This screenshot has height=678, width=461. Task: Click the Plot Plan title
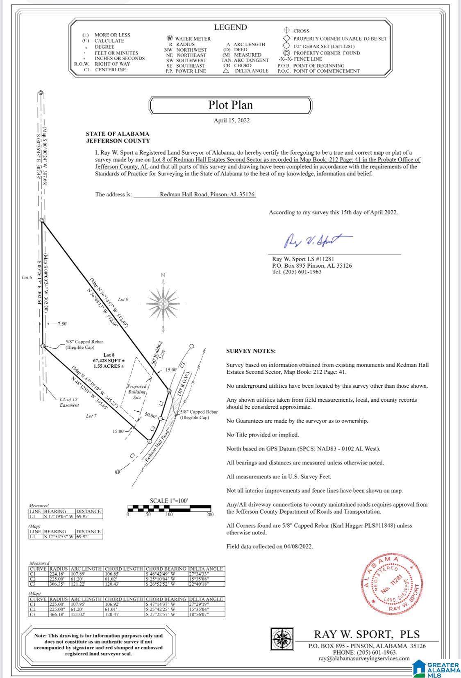(230, 105)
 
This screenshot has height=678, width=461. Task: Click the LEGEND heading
(230, 27)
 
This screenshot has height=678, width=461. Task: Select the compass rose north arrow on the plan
(163, 303)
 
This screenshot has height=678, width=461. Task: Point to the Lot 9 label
(123, 300)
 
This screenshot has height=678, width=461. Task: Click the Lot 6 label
(27, 278)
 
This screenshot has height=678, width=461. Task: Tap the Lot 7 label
(91, 416)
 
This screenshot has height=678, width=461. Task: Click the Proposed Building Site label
(137, 391)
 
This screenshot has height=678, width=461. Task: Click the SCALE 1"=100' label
(168, 501)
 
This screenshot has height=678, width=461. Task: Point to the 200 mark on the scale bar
(209, 514)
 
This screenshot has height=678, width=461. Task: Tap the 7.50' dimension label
(62, 324)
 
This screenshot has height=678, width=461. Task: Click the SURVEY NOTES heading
(251, 351)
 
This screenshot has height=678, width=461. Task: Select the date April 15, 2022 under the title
(232, 121)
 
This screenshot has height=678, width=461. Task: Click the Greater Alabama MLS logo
(437, 668)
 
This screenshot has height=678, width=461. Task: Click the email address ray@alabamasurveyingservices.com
(364, 658)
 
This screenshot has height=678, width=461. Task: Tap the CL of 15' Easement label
(70, 402)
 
